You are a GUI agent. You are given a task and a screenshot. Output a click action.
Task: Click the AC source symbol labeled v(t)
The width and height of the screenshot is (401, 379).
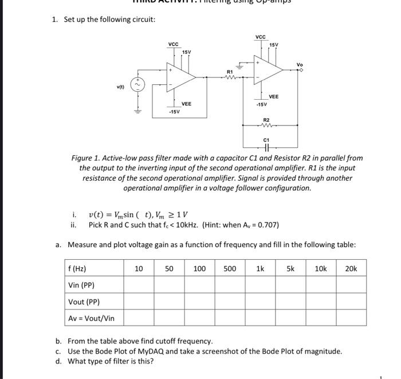(137, 85)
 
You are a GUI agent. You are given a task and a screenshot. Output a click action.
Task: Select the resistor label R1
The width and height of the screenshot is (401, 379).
(230, 72)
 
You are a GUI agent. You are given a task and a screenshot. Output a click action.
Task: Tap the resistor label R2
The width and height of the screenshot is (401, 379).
(266, 120)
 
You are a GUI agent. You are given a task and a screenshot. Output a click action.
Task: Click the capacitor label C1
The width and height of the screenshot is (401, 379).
(266, 139)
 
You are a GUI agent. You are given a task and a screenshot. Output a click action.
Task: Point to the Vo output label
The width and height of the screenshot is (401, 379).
(300, 65)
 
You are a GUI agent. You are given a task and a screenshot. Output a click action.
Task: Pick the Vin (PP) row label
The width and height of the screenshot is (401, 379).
(81, 285)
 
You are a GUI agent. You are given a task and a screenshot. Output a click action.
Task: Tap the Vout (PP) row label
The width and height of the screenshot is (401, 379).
(84, 302)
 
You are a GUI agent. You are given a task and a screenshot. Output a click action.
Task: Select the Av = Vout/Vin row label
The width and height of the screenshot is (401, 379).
(91, 318)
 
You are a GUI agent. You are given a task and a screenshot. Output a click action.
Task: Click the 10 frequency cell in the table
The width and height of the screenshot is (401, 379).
(139, 268)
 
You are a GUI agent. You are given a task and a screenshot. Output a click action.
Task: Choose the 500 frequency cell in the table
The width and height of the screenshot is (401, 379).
(230, 268)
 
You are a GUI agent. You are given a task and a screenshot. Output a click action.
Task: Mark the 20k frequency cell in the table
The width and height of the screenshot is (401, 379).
(351, 268)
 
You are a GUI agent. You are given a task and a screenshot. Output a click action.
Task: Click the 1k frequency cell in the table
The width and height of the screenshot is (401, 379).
(260, 268)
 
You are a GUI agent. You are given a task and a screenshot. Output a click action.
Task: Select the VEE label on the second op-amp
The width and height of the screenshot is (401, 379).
(274, 97)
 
